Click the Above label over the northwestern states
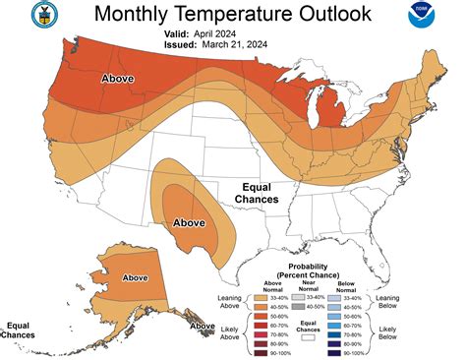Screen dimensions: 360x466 click(119, 77)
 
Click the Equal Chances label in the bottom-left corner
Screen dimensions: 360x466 click(20, 330)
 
